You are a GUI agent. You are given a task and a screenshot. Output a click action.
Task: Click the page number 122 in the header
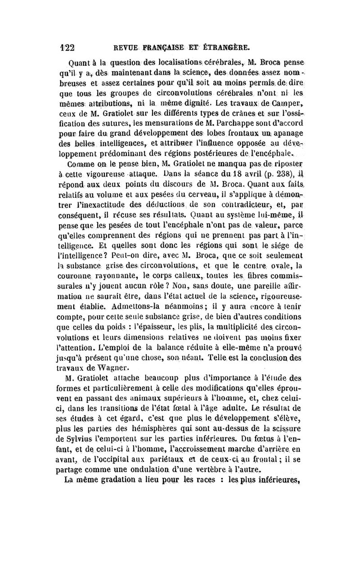click(x=67, y=47)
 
